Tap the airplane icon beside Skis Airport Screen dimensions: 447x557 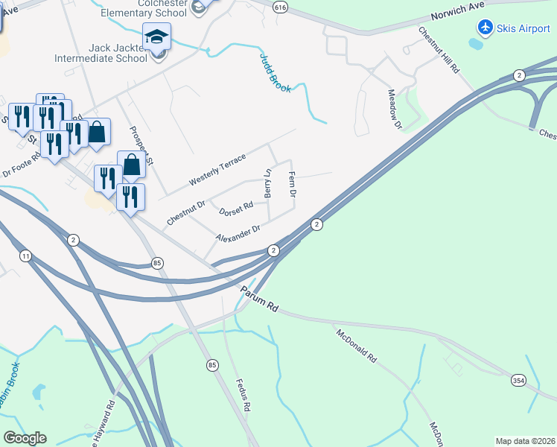click(486, 28)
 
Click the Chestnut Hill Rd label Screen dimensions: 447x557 click(438, 51)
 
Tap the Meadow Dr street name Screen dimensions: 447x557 click(395, 110)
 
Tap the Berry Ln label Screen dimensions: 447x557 click(267, 183)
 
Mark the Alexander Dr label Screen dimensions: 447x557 click(238, 233)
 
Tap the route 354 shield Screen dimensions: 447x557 click(519, 380)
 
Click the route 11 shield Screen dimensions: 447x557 click(26, 256)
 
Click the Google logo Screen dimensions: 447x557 click(25, 438)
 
